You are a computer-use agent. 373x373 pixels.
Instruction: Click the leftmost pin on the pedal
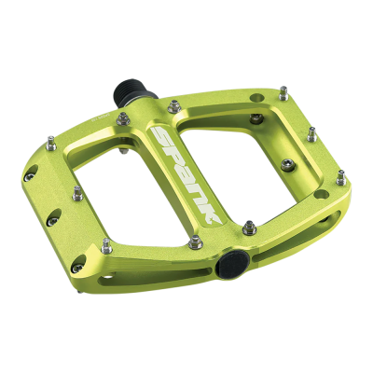click(x=48, y=142)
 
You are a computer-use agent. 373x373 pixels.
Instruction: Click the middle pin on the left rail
click(x=77, y=195)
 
